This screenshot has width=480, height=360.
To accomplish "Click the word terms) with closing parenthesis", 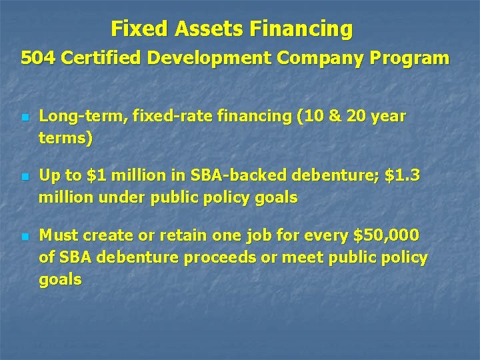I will (65, 139).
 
